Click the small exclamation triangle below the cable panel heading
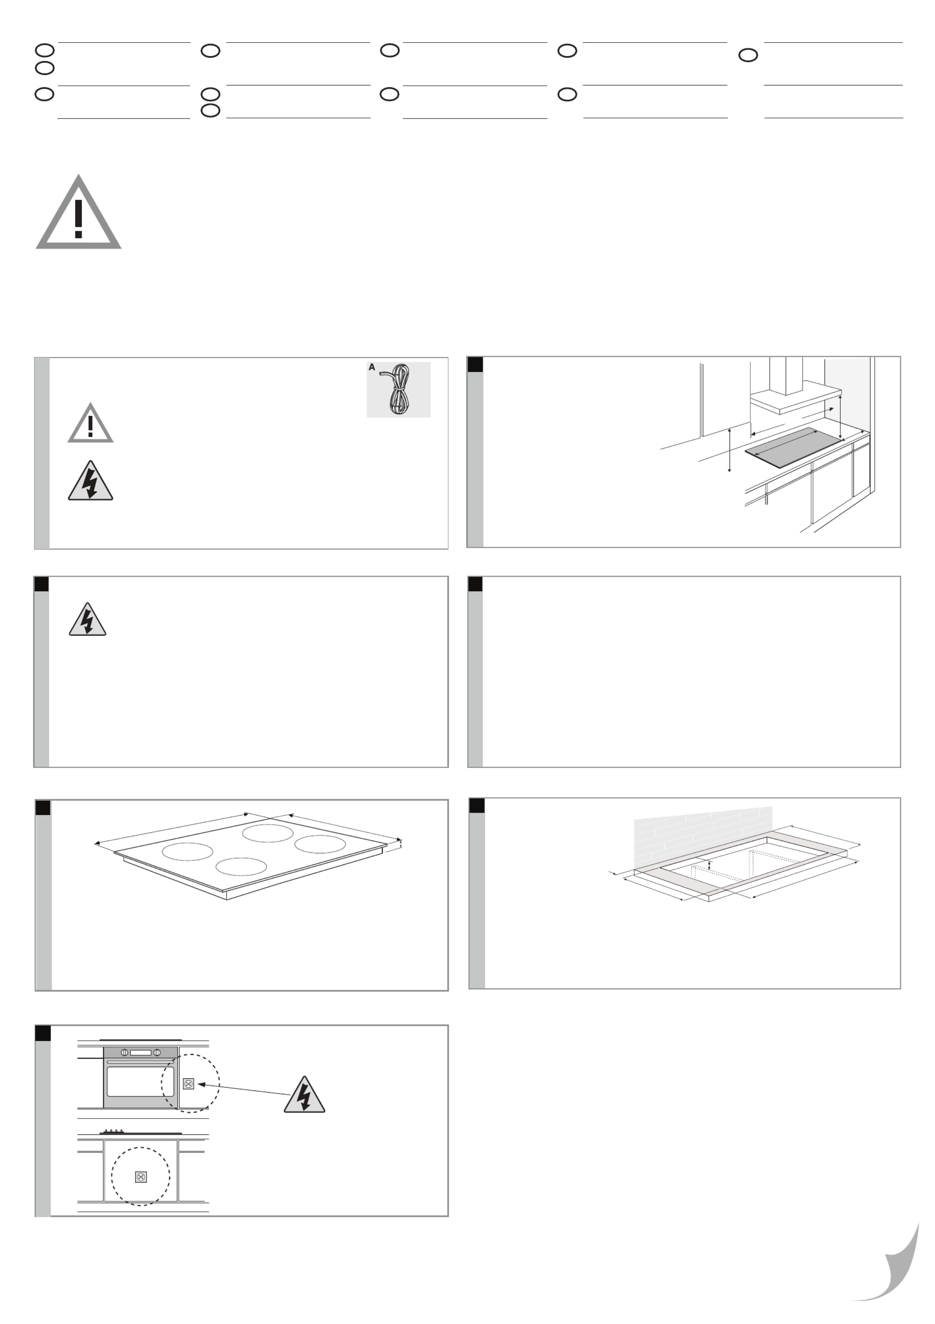pos(90,424)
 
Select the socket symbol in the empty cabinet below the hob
pos(141,1177)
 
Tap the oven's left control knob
pos(124,1052)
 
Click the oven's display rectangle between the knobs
pos(140,1052)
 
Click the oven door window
pos(140,1082)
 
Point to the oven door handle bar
pos(140,1062)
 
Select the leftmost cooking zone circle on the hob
pos(188,851)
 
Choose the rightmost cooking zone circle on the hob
pos(320,844)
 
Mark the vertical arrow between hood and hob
pos(840,417)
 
